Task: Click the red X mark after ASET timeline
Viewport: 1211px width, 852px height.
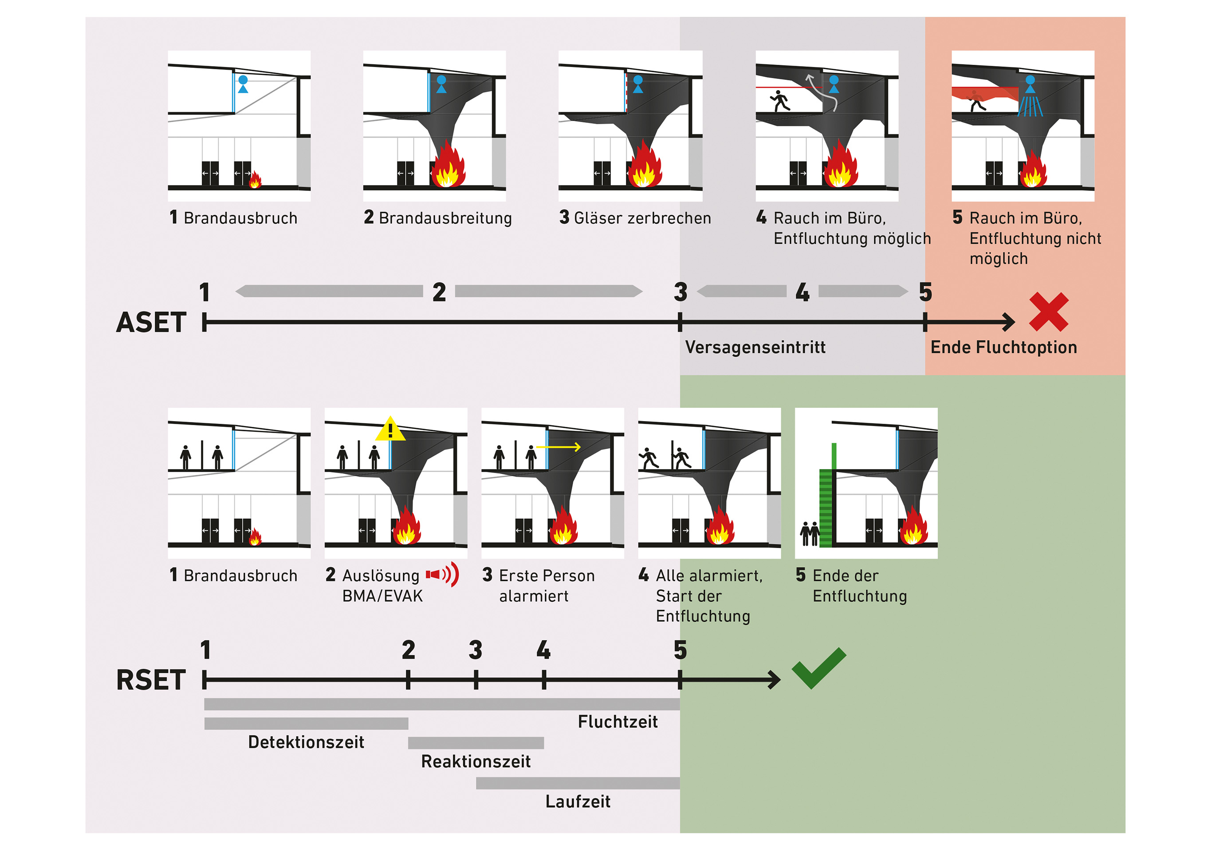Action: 1048,312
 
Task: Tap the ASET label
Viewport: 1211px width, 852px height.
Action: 151,322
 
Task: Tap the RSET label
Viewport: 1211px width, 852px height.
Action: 151,680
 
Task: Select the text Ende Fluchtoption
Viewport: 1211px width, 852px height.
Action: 1003,347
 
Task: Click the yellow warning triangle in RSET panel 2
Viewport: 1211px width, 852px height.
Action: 390,430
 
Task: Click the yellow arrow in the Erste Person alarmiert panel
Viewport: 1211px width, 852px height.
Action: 558,447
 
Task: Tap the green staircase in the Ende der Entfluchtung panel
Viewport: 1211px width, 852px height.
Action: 826,506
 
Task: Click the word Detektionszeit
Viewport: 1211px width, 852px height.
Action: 306,742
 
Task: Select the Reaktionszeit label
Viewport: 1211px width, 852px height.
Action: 475,762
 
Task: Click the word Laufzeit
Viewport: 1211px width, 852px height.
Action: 578,802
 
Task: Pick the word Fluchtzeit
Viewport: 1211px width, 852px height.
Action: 617,722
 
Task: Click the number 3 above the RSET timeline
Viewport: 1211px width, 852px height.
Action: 475,650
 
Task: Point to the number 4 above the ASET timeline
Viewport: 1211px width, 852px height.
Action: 802,292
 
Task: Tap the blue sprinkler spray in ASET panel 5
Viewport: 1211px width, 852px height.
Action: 1030,106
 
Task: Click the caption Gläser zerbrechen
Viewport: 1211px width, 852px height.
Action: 641,218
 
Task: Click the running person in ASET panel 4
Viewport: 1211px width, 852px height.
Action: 779,100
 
